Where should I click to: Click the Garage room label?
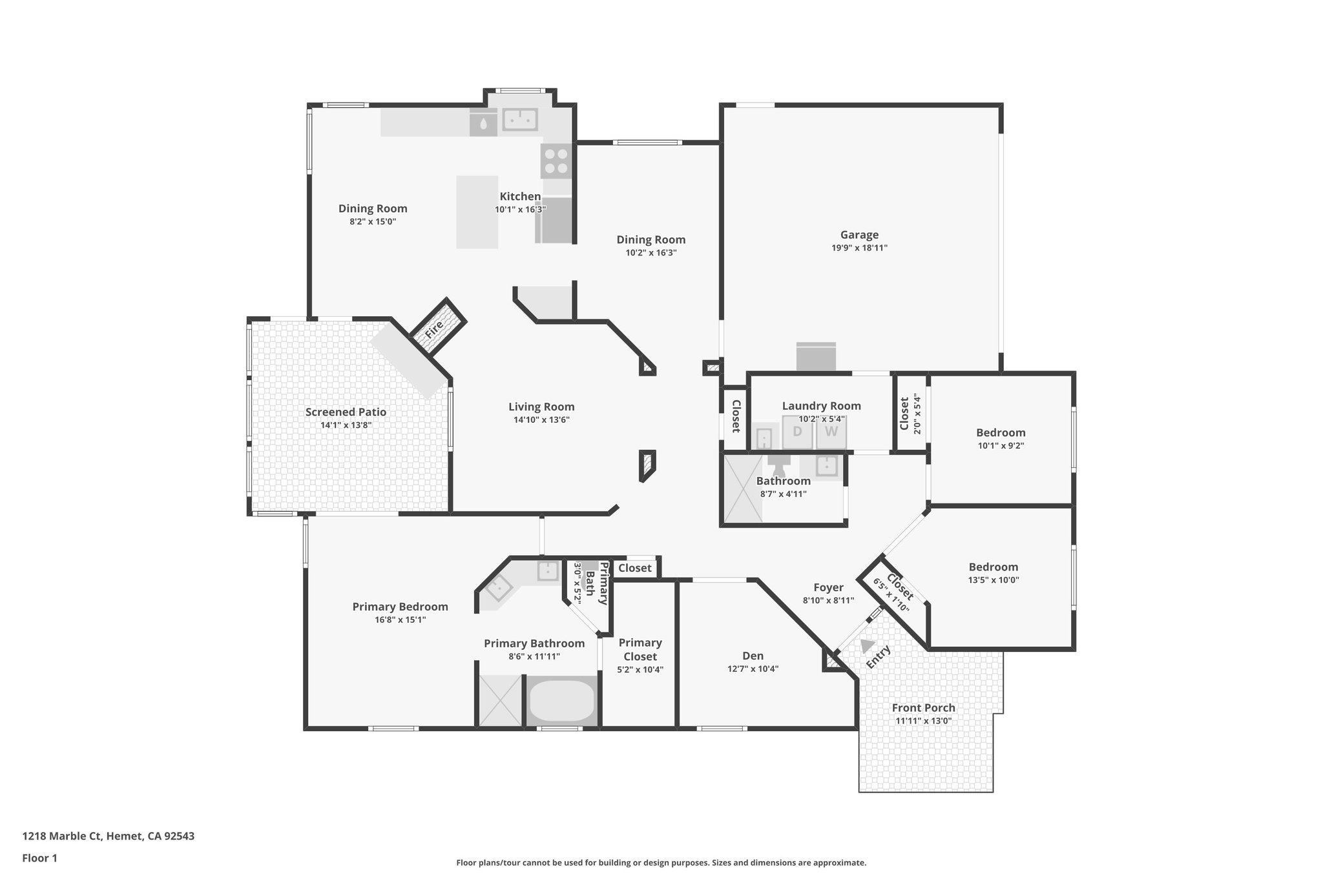[859, 235]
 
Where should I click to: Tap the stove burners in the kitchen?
[556, 161]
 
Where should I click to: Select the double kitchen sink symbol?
[520, 119]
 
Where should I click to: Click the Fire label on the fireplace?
[434, 329]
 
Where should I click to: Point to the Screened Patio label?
[346, 412]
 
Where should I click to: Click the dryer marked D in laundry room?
[797, 432]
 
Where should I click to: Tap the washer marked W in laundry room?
[831, 432]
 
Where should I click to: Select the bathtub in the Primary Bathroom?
[561, 702]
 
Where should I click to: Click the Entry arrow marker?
[867, 645]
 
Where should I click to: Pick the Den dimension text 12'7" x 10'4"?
[753, 669]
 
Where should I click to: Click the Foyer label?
[828, 587]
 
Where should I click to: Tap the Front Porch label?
[923, 707]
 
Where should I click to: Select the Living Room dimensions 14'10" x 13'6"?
[541, 420]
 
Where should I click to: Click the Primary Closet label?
[640, 649]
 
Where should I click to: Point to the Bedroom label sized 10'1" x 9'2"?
[1001, 432]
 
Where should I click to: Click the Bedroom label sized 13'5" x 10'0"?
[993, 567]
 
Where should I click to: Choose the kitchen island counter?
[477, 212]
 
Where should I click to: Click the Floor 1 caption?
[39, 858]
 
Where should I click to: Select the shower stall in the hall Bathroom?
[742, 488]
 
